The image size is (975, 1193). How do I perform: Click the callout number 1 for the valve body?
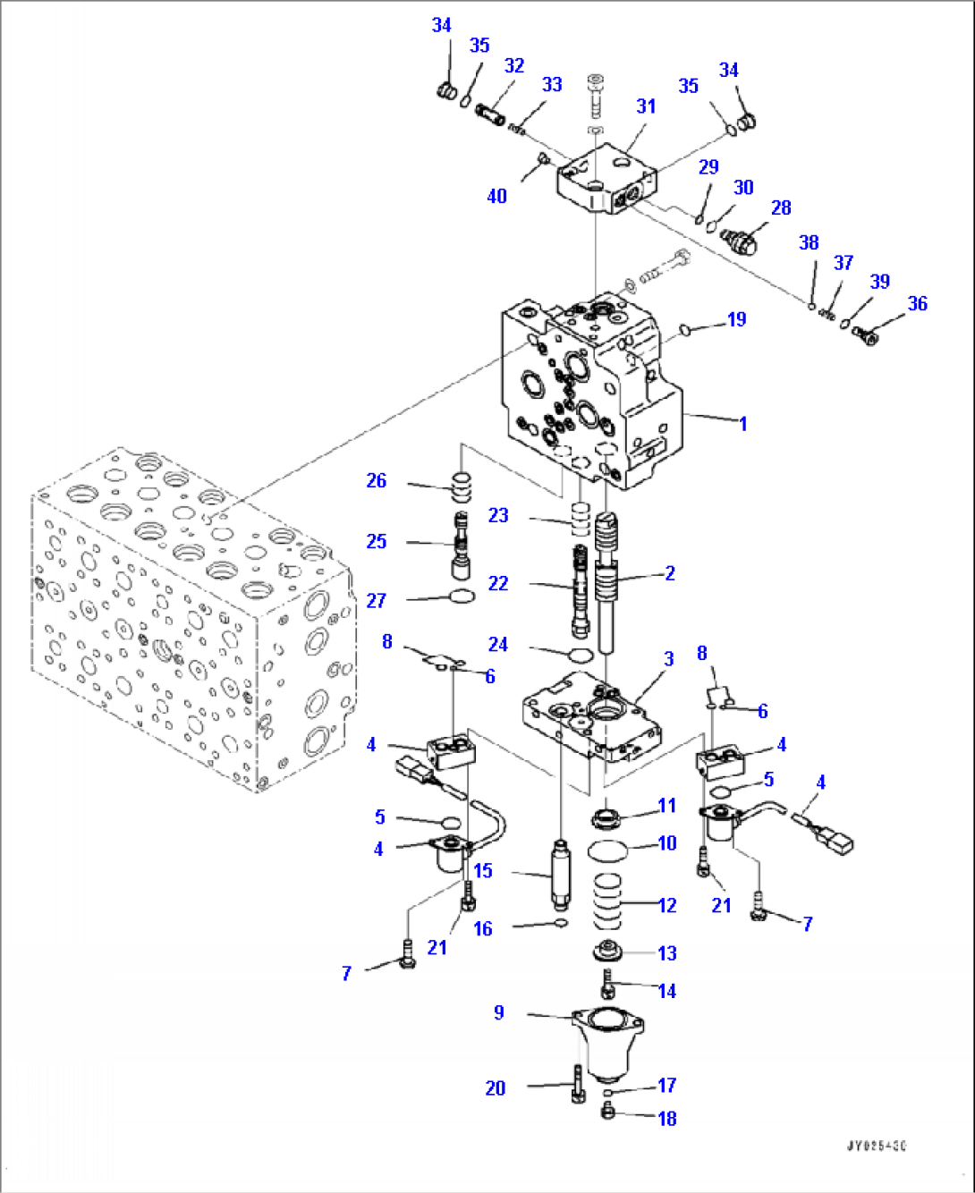(x=742, y=423)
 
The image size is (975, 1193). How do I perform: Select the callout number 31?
(x=646, y=106)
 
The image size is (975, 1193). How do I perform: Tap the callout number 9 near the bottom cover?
(x=499, y=1012)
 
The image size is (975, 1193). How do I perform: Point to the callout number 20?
(x=496, y=1087)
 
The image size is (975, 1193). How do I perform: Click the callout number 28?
(x=781, y=207)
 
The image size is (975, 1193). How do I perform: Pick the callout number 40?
(x=496, y=196)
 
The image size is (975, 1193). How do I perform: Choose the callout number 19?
(x=736, y=319)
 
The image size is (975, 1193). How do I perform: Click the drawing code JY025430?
(x=877, y=1146)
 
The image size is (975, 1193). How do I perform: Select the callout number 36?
(x=917, y=303)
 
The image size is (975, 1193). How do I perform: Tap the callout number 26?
(x=377, y=480)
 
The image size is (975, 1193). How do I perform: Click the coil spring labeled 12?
(x=608, y=903)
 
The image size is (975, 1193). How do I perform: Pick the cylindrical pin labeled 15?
(x=561, y=872)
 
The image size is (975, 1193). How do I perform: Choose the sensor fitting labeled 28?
(x=742, y=240)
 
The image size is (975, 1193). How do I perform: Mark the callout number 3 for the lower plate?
(x=668, y=659)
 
